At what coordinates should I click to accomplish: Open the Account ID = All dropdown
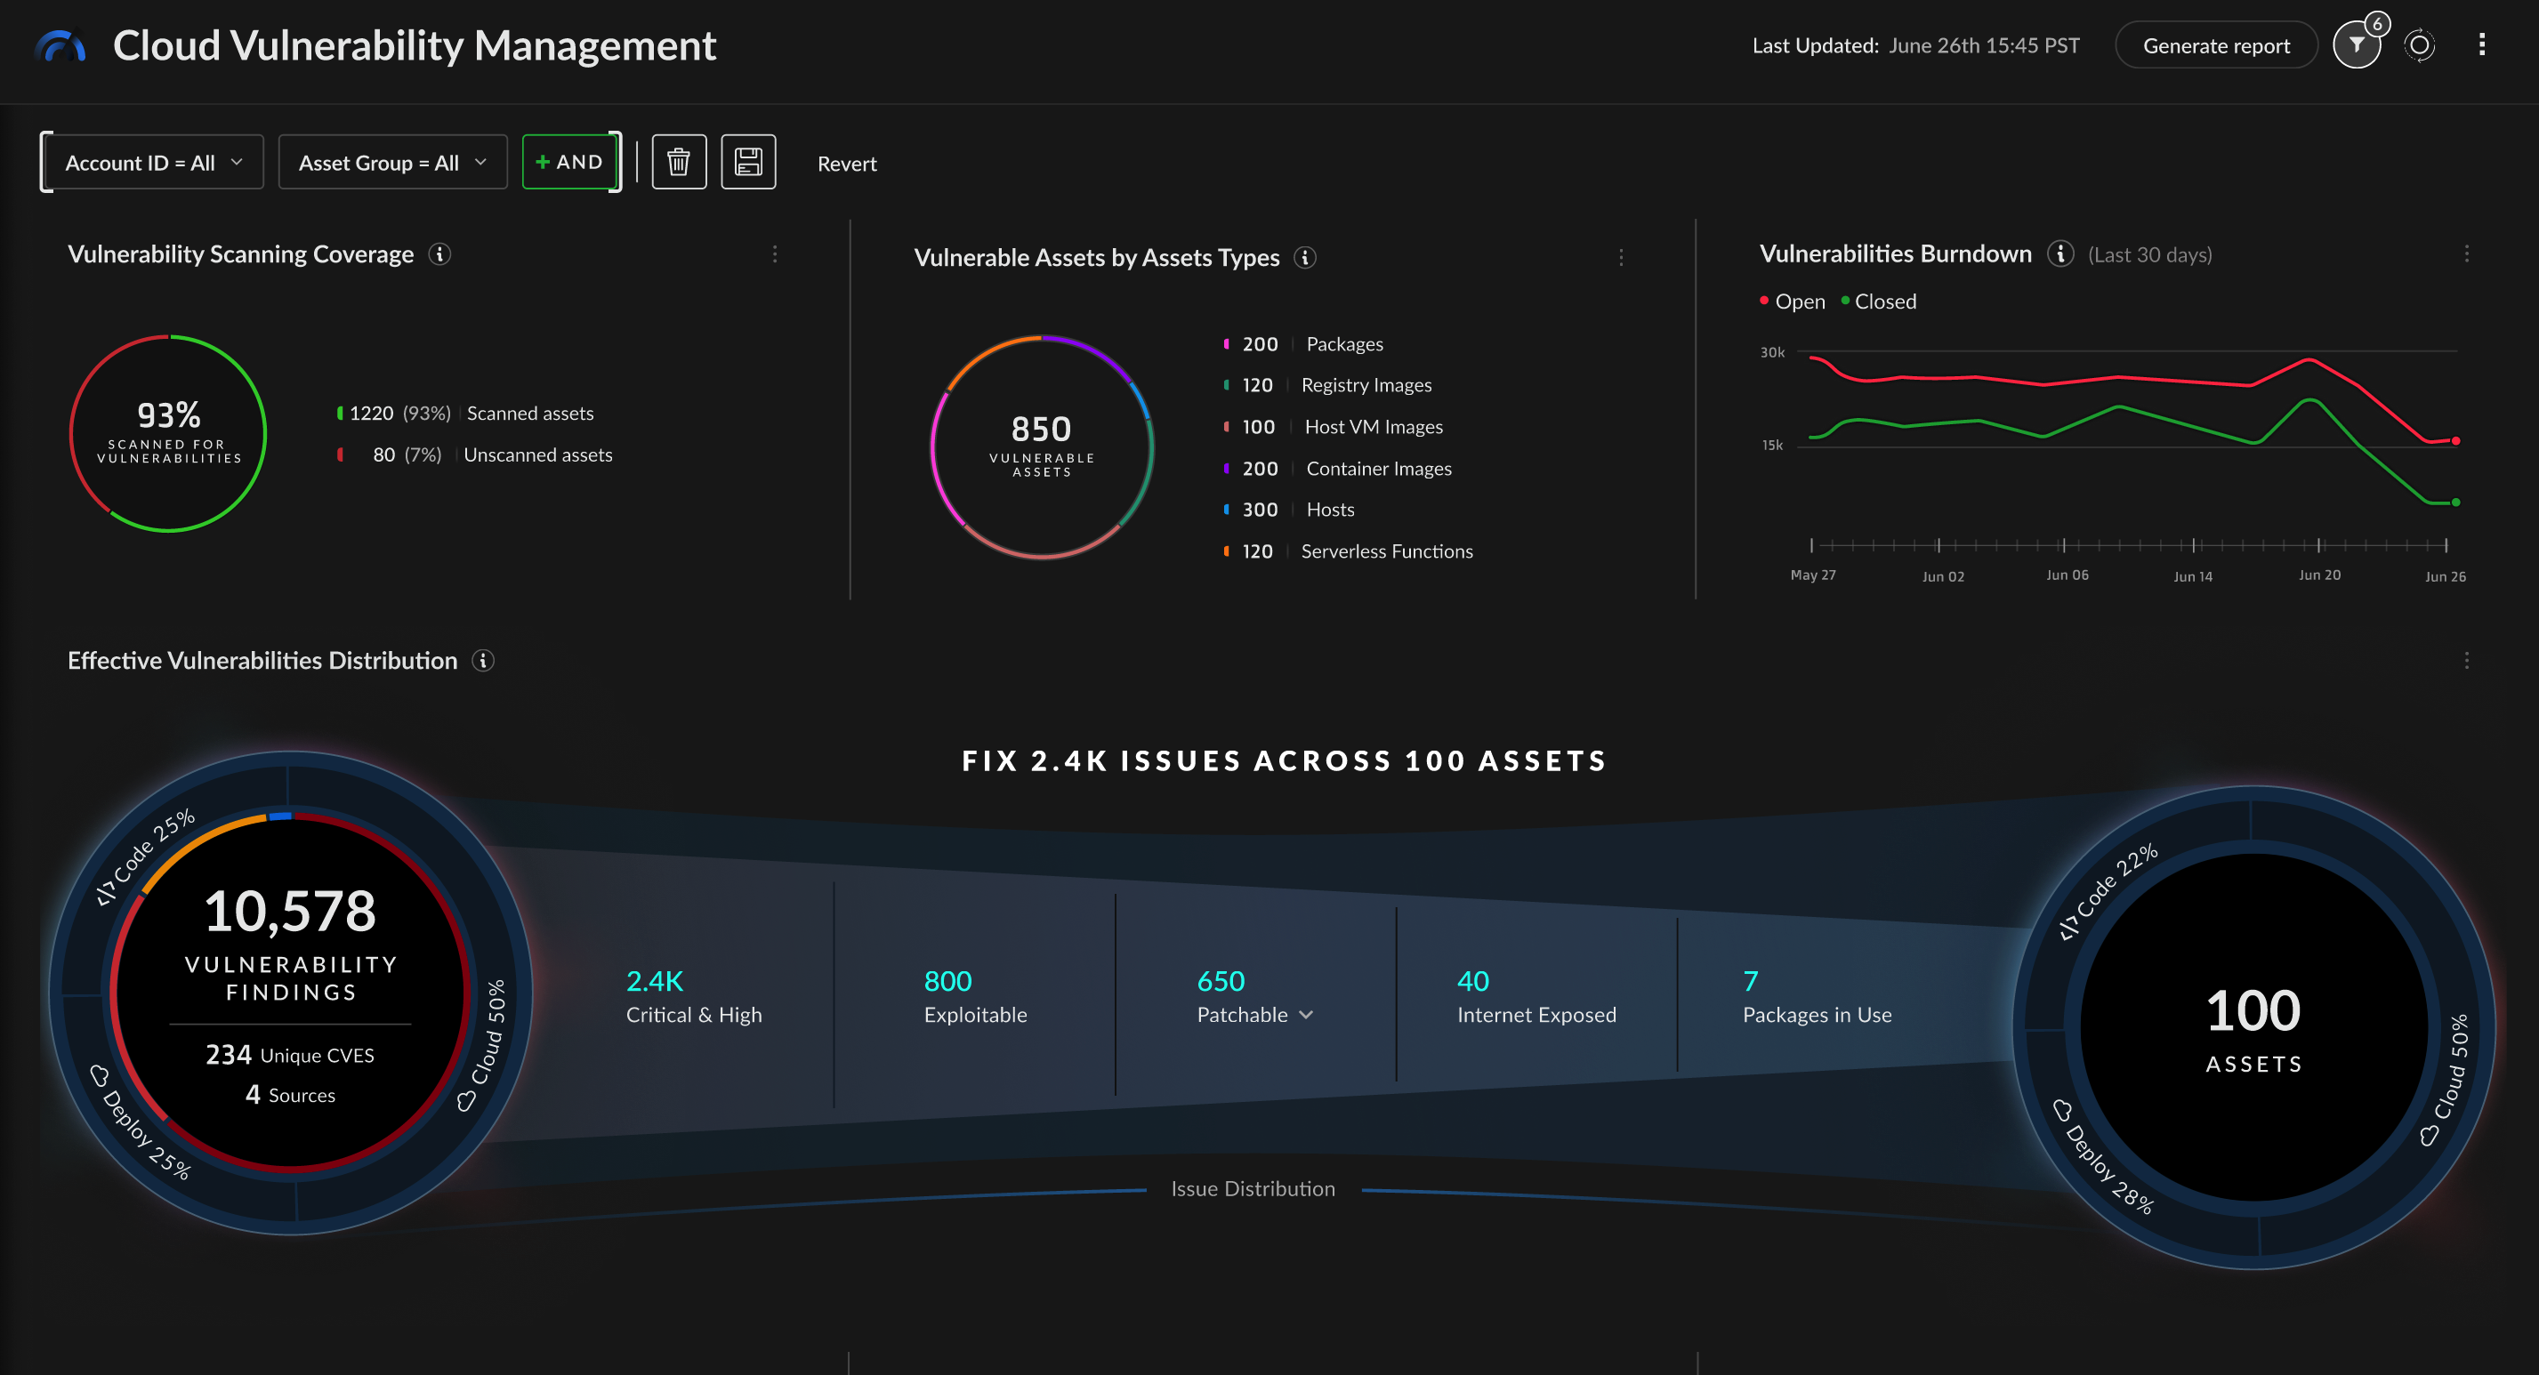[153, 163]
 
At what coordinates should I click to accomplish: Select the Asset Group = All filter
[392, 163]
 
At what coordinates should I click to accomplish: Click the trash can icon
[678, 163]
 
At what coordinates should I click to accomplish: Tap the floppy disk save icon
[748, 163]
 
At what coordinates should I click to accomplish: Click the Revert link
[847, 165]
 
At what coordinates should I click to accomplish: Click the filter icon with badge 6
[2356, 45]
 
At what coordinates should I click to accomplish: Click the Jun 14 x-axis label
[2192, 576]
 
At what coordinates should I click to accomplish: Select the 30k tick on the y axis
[1772, 353]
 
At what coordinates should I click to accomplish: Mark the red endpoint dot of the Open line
[2455, 440]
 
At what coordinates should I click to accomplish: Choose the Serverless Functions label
[1386, 552]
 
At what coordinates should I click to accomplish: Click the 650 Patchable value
[1221, 982]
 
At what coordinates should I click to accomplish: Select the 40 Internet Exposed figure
[1472, 982]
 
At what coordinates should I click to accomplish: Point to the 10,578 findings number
[290, 912]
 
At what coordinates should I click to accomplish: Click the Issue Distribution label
[1252, 1190]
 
